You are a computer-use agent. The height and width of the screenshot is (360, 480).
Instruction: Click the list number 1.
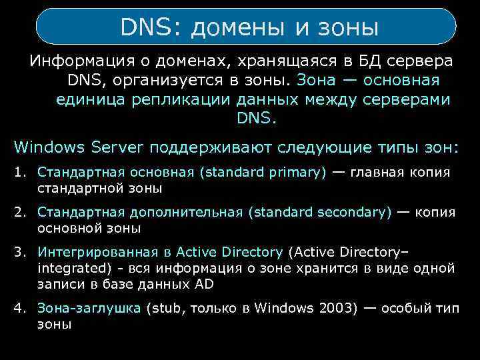[x=19, y=173]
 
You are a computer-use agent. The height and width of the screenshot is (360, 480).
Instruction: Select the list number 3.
[x=19, y=253]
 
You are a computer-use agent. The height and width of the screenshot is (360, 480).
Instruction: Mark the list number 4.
[x=19, y=309]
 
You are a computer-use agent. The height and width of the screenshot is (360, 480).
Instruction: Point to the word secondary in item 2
[x=355, y=213]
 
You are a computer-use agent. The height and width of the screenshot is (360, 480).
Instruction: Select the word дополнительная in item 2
[x=186, y=213]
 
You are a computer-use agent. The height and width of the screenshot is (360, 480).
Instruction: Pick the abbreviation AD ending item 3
[x=203, y=283]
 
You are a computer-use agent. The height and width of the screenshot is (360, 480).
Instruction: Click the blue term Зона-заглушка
[x=89, y=309]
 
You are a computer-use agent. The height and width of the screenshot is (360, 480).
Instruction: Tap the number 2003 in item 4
[x=322, y=309]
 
